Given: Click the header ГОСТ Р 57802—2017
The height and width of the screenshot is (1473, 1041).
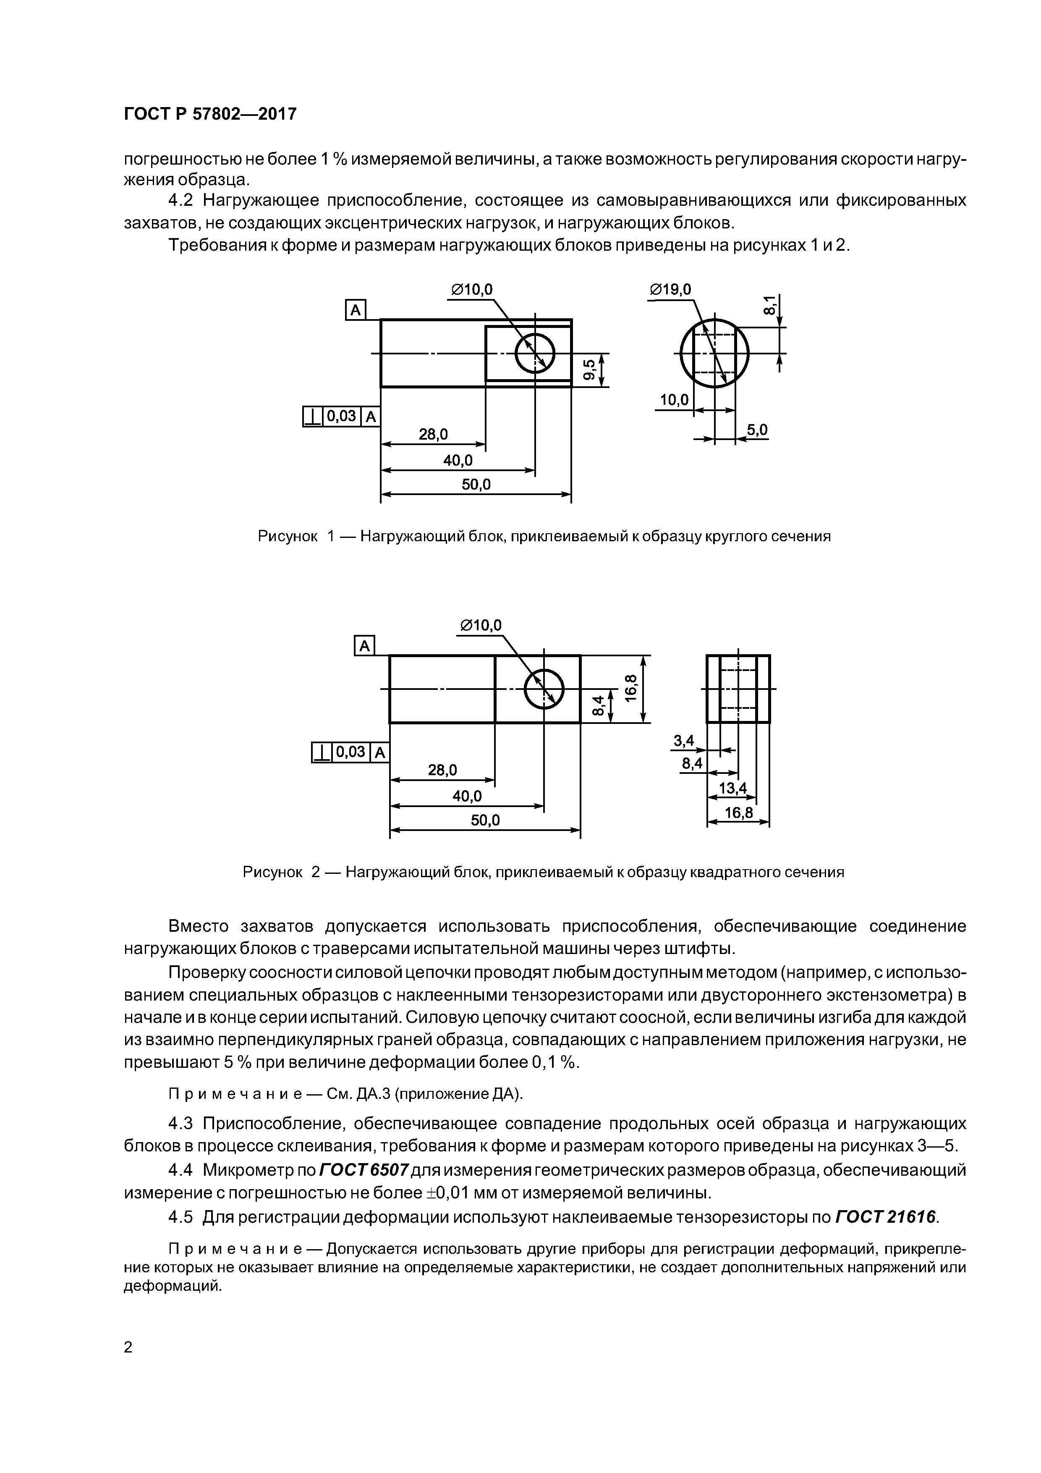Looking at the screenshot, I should pyautogui.click(x=210, y=114).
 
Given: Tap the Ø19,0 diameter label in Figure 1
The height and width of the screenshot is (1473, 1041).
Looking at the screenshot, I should pyautogui.click(x=670, y=290).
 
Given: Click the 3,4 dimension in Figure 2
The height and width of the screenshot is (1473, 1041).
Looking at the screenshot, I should pyautogui.click(x=684, y=741).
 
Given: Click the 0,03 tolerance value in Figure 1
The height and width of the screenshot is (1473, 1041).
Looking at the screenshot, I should pyautogui.click(x=341, y=417).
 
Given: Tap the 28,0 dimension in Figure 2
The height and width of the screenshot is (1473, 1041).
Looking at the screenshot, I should pyautogui.click(x=442, y=770).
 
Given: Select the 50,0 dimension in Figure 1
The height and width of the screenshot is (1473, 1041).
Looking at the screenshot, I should pyautogui.click(x=476, y=485).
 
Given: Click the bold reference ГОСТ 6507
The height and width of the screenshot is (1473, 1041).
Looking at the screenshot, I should pyautogui.click(x=363, y=1170).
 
